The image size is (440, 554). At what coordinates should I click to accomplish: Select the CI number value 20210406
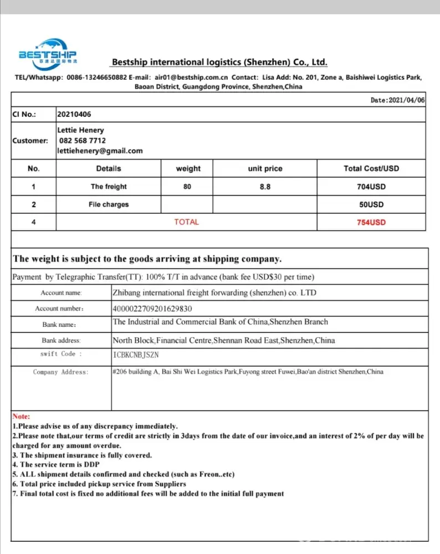point(74,114)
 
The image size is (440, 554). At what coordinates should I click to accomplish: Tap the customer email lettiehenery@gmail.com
point(100,151)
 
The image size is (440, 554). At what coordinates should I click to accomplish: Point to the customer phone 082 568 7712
point(82,141)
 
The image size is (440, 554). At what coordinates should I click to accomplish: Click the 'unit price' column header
point(265,168)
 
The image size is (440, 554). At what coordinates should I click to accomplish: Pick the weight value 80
point(187,187)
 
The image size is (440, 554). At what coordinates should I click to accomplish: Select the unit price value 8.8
point(265,187)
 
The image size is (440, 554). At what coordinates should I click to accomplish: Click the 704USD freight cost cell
point(371,187)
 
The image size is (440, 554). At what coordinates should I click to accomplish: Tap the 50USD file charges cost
point(371,204)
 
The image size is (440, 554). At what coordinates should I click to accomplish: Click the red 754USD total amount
point(371,222)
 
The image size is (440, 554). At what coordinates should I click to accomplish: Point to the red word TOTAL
point(186,222)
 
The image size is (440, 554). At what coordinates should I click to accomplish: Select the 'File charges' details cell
point(109,204)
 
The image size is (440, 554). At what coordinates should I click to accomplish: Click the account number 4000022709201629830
point(152,309)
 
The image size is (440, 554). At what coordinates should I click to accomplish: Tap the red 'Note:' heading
point(22,416)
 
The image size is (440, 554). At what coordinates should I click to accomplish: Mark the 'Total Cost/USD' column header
point(371,168)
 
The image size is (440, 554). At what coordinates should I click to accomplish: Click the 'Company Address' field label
point(60,372)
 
